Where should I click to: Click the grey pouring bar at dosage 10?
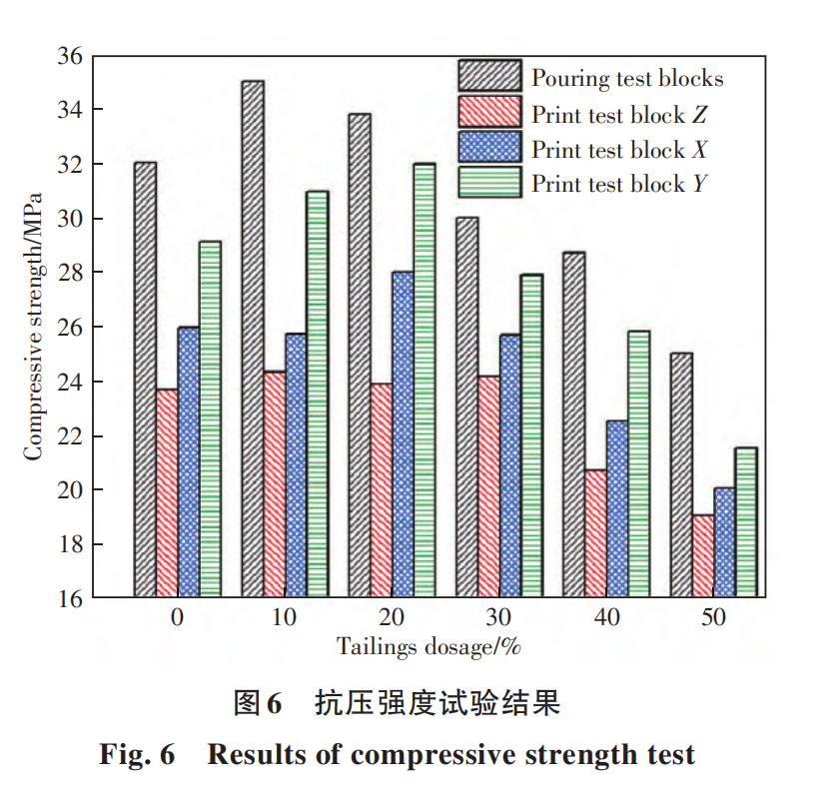coord(252,340)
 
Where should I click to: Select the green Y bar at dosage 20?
coord(423,381)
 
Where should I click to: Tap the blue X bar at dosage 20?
coord(403,434)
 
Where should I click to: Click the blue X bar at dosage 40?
coord(617,509)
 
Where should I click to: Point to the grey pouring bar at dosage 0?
coord(145,380)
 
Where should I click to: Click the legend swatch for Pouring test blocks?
coord(489,77)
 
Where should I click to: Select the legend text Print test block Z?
coord(619,114)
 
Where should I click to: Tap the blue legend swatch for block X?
coord(489,149)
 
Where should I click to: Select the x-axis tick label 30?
coord(498,618)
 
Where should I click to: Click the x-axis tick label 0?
coord(177,618)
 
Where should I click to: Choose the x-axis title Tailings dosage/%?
coord(428,646)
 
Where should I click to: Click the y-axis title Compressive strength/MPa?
coord(34,325)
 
